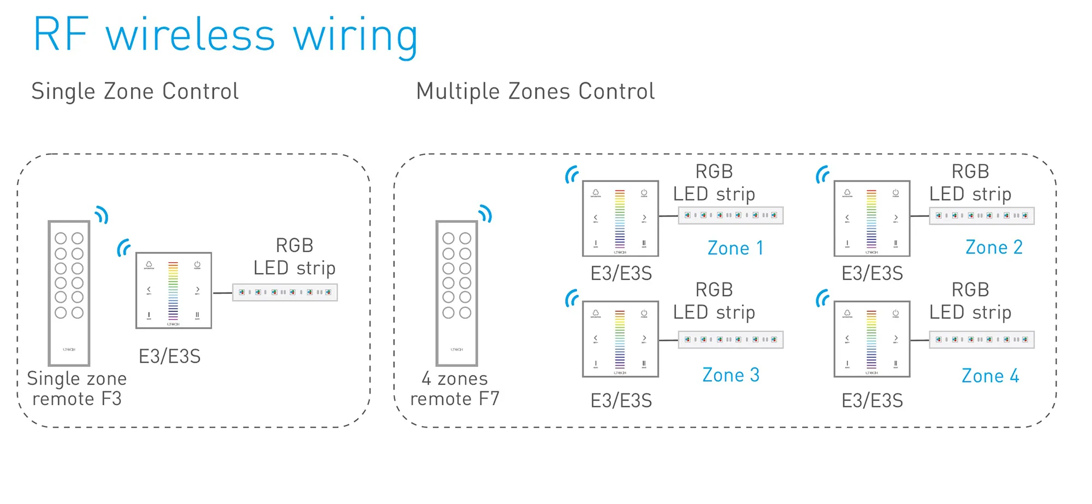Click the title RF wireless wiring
tap(225, 35)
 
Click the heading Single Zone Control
tap(135, 91)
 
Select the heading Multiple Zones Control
tap(535, 91)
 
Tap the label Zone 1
tap(735, 248)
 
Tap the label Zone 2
tap(993, 247)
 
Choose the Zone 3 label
tap(731, 375)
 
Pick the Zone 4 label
tap(989, 376)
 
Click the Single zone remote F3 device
tap(69, 293)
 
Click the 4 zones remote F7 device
tap(456, 293)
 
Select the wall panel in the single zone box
tap(174, 290)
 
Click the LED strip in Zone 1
tap(731, 215)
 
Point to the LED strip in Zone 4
tap(981, 340)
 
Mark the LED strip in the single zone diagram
tap(284, 292)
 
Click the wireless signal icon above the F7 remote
tap(485, 214)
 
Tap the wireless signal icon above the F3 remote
tap(102, 215)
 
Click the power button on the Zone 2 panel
tap(895, 193)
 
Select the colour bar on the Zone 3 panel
tap(620, 339)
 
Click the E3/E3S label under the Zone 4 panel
tap(872, 401)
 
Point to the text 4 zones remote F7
tap(455, 388)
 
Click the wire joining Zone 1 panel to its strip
tap(668, 216)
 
